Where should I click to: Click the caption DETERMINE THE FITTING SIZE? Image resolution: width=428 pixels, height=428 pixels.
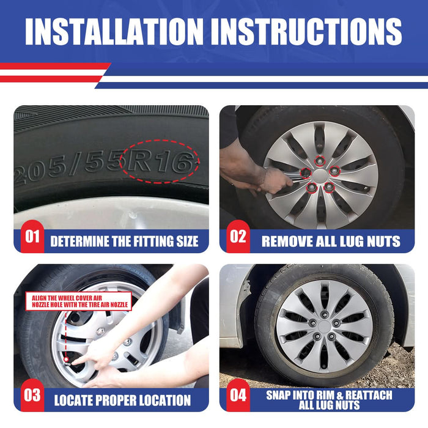pyautogui.click(x=124, y=242)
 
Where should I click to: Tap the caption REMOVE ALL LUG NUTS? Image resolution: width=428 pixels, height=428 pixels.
pyautogui.click(x=331, y=241)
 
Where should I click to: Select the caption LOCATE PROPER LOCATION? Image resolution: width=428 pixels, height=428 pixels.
pyautogui.click(x=122, y=401)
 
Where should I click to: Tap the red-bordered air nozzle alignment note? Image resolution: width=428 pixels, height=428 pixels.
pyautogui.click(x=77, y=301)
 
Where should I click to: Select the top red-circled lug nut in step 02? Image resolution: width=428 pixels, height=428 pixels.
pyautogui.click(x=319, y=161)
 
